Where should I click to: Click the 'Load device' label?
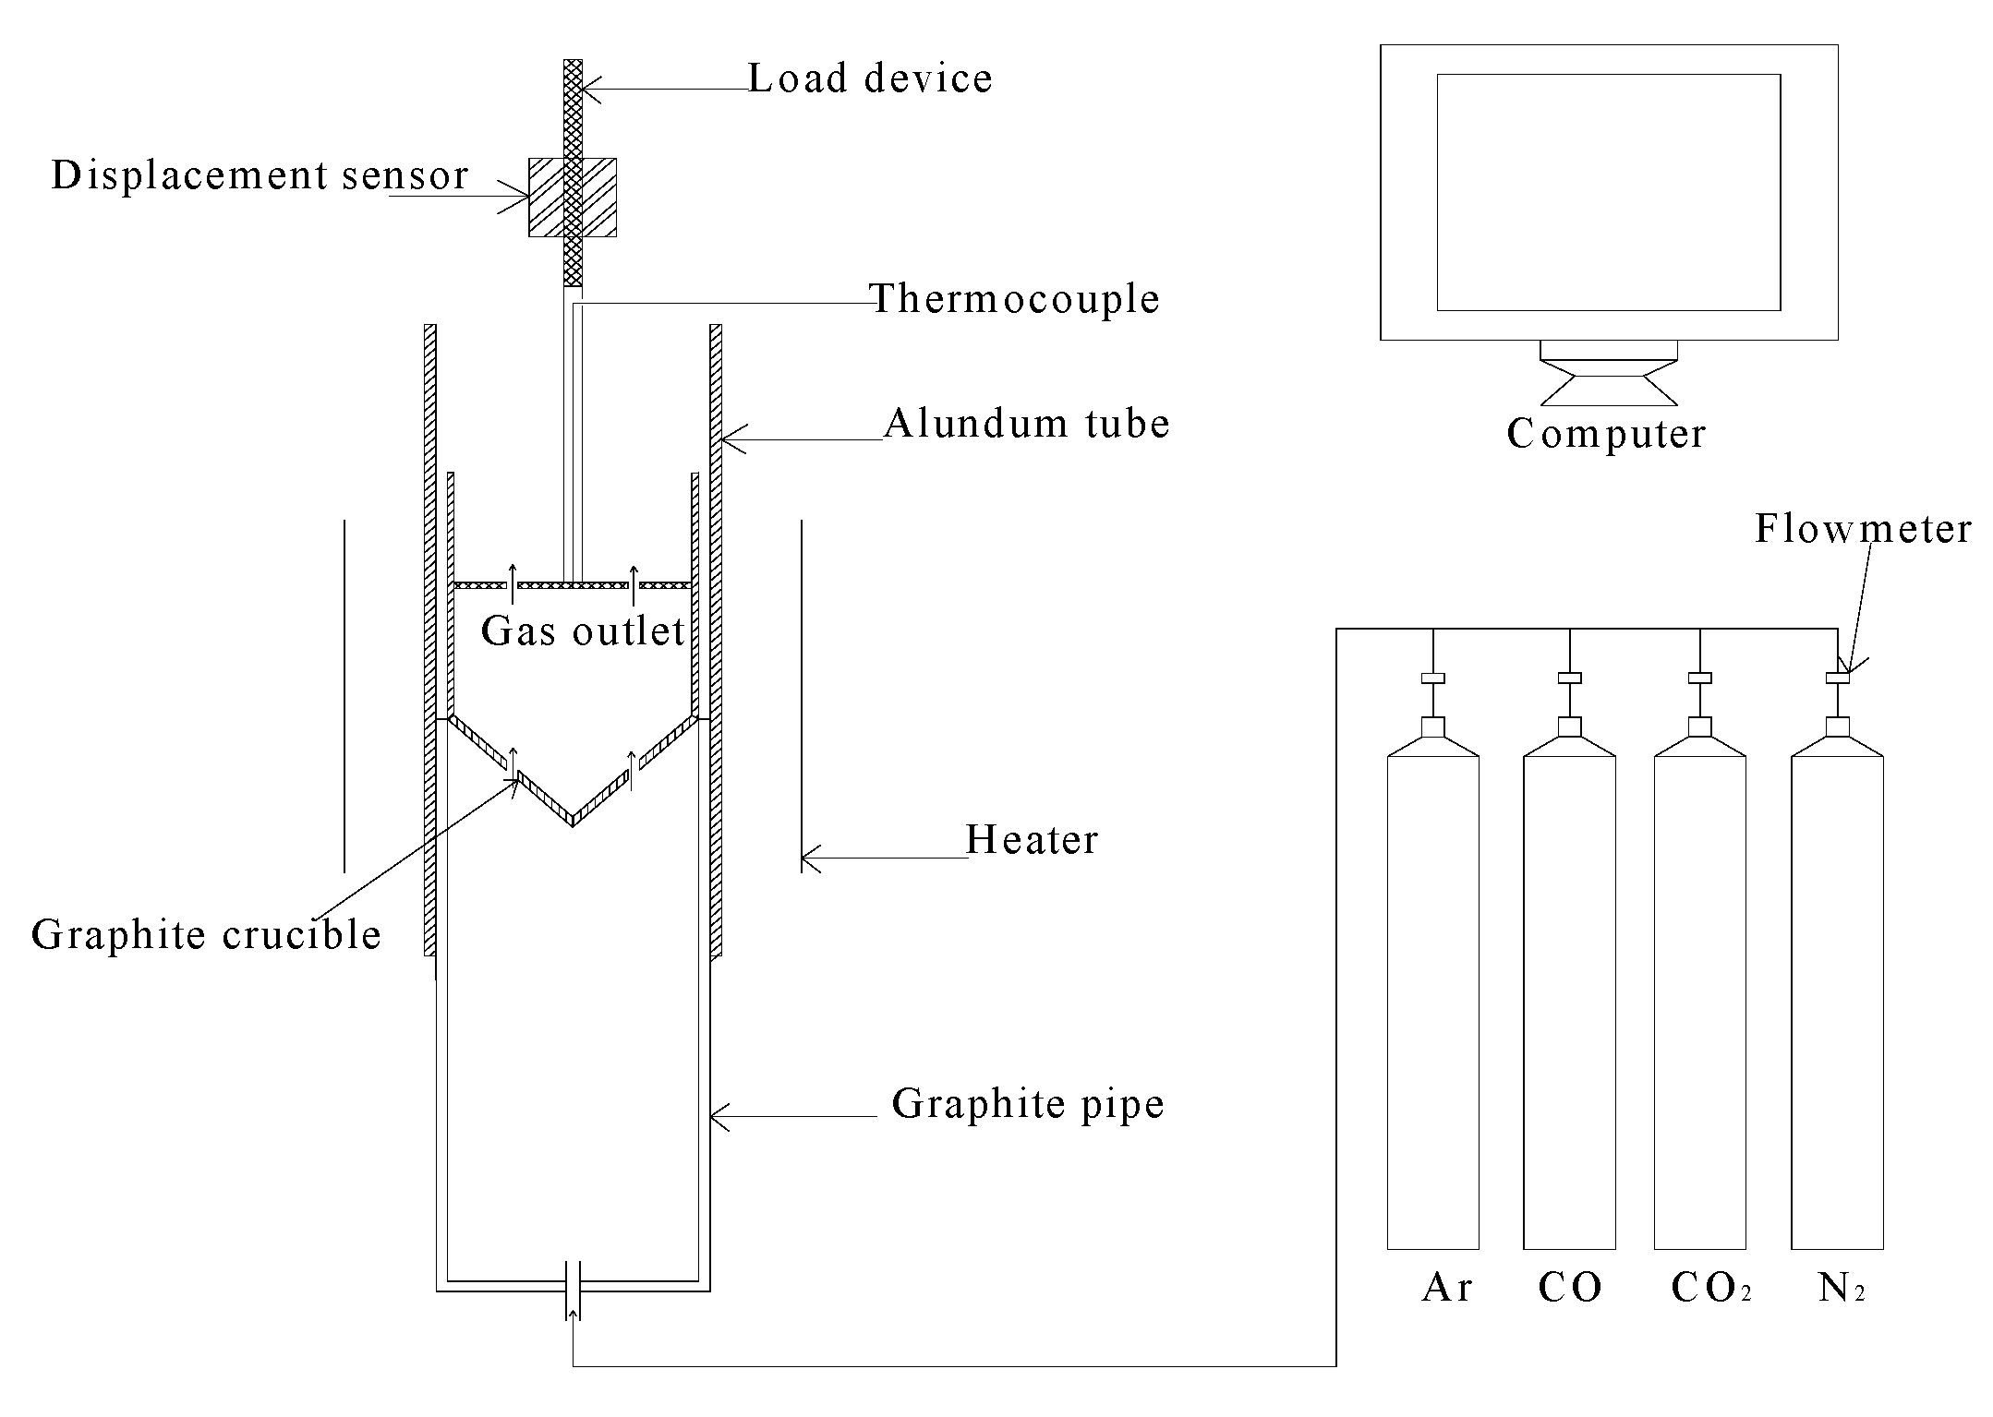pos(869,78)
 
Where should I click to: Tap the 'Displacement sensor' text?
pos(260,175)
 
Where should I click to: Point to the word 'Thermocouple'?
pos(1014,299)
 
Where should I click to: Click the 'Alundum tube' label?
pos(1026,424)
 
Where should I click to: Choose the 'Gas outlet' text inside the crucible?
pos(583,631)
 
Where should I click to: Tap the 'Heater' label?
pos(1032,840)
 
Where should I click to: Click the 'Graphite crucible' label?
pos(206,934)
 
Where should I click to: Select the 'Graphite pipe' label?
pos(1027,1104)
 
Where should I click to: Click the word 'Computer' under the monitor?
pos(1606,434)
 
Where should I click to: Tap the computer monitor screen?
pos(1608,192)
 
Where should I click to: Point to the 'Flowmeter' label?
pos(1863,529)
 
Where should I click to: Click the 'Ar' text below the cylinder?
pos(1446,1288)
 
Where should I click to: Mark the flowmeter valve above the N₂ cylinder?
pos(1837,678)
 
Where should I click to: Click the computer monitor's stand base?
pos(1608,389)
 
